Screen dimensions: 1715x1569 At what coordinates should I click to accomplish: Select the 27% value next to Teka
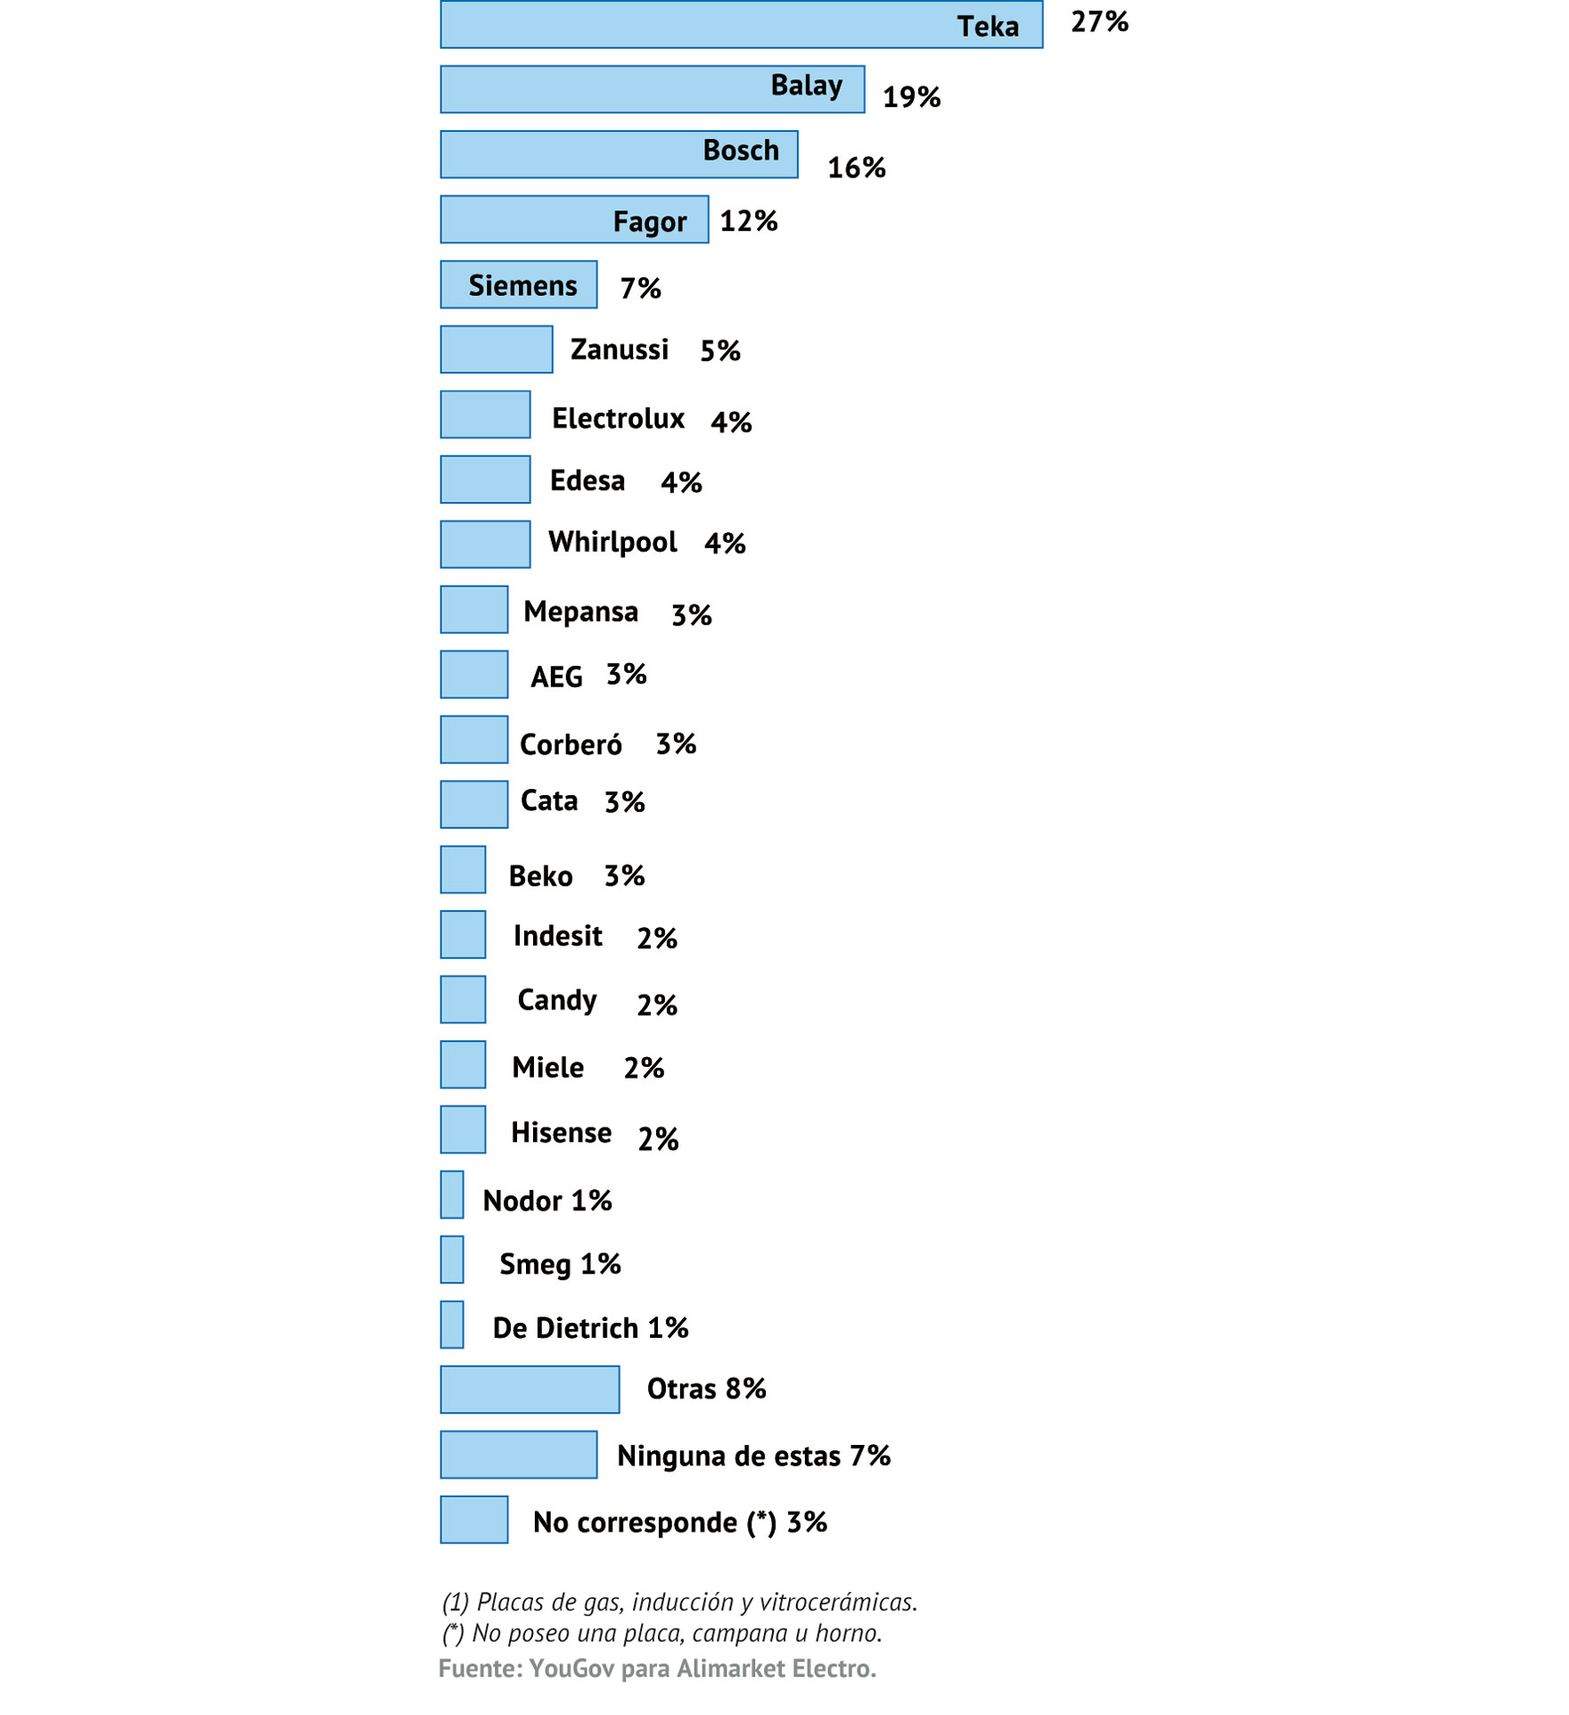click(1099, 22)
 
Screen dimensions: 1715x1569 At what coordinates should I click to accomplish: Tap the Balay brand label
click(806, 86)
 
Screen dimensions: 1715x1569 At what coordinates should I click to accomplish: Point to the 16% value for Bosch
click(856, 168)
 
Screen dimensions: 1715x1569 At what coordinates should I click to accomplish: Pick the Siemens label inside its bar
click(522, 285)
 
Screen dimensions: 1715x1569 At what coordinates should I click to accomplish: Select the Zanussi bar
click(496, 349)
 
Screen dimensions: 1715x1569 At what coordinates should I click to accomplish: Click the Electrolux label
click(618, 418)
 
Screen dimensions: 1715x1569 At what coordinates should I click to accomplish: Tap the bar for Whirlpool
click(485, 544)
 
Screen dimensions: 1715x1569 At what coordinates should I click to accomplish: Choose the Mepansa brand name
click(580, 611)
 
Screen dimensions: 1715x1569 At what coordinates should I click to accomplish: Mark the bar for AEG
click(473, 674)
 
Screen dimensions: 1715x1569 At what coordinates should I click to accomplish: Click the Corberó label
click(571, 744)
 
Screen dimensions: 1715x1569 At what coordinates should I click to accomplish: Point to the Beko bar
click(463, 869)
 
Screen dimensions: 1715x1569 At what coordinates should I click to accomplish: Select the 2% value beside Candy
click(657, 1005)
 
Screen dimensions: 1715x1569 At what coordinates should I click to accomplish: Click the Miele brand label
click(547, 1067)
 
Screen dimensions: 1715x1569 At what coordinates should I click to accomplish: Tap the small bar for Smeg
click(452, 1259)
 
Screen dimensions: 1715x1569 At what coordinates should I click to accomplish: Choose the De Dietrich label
click(565, 1328)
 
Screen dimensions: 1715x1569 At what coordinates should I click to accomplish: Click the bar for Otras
click(530, 1389)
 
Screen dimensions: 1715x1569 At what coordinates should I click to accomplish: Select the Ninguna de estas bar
click(518, 1454)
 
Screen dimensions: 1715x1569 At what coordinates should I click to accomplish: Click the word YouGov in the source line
click(571, 1669)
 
